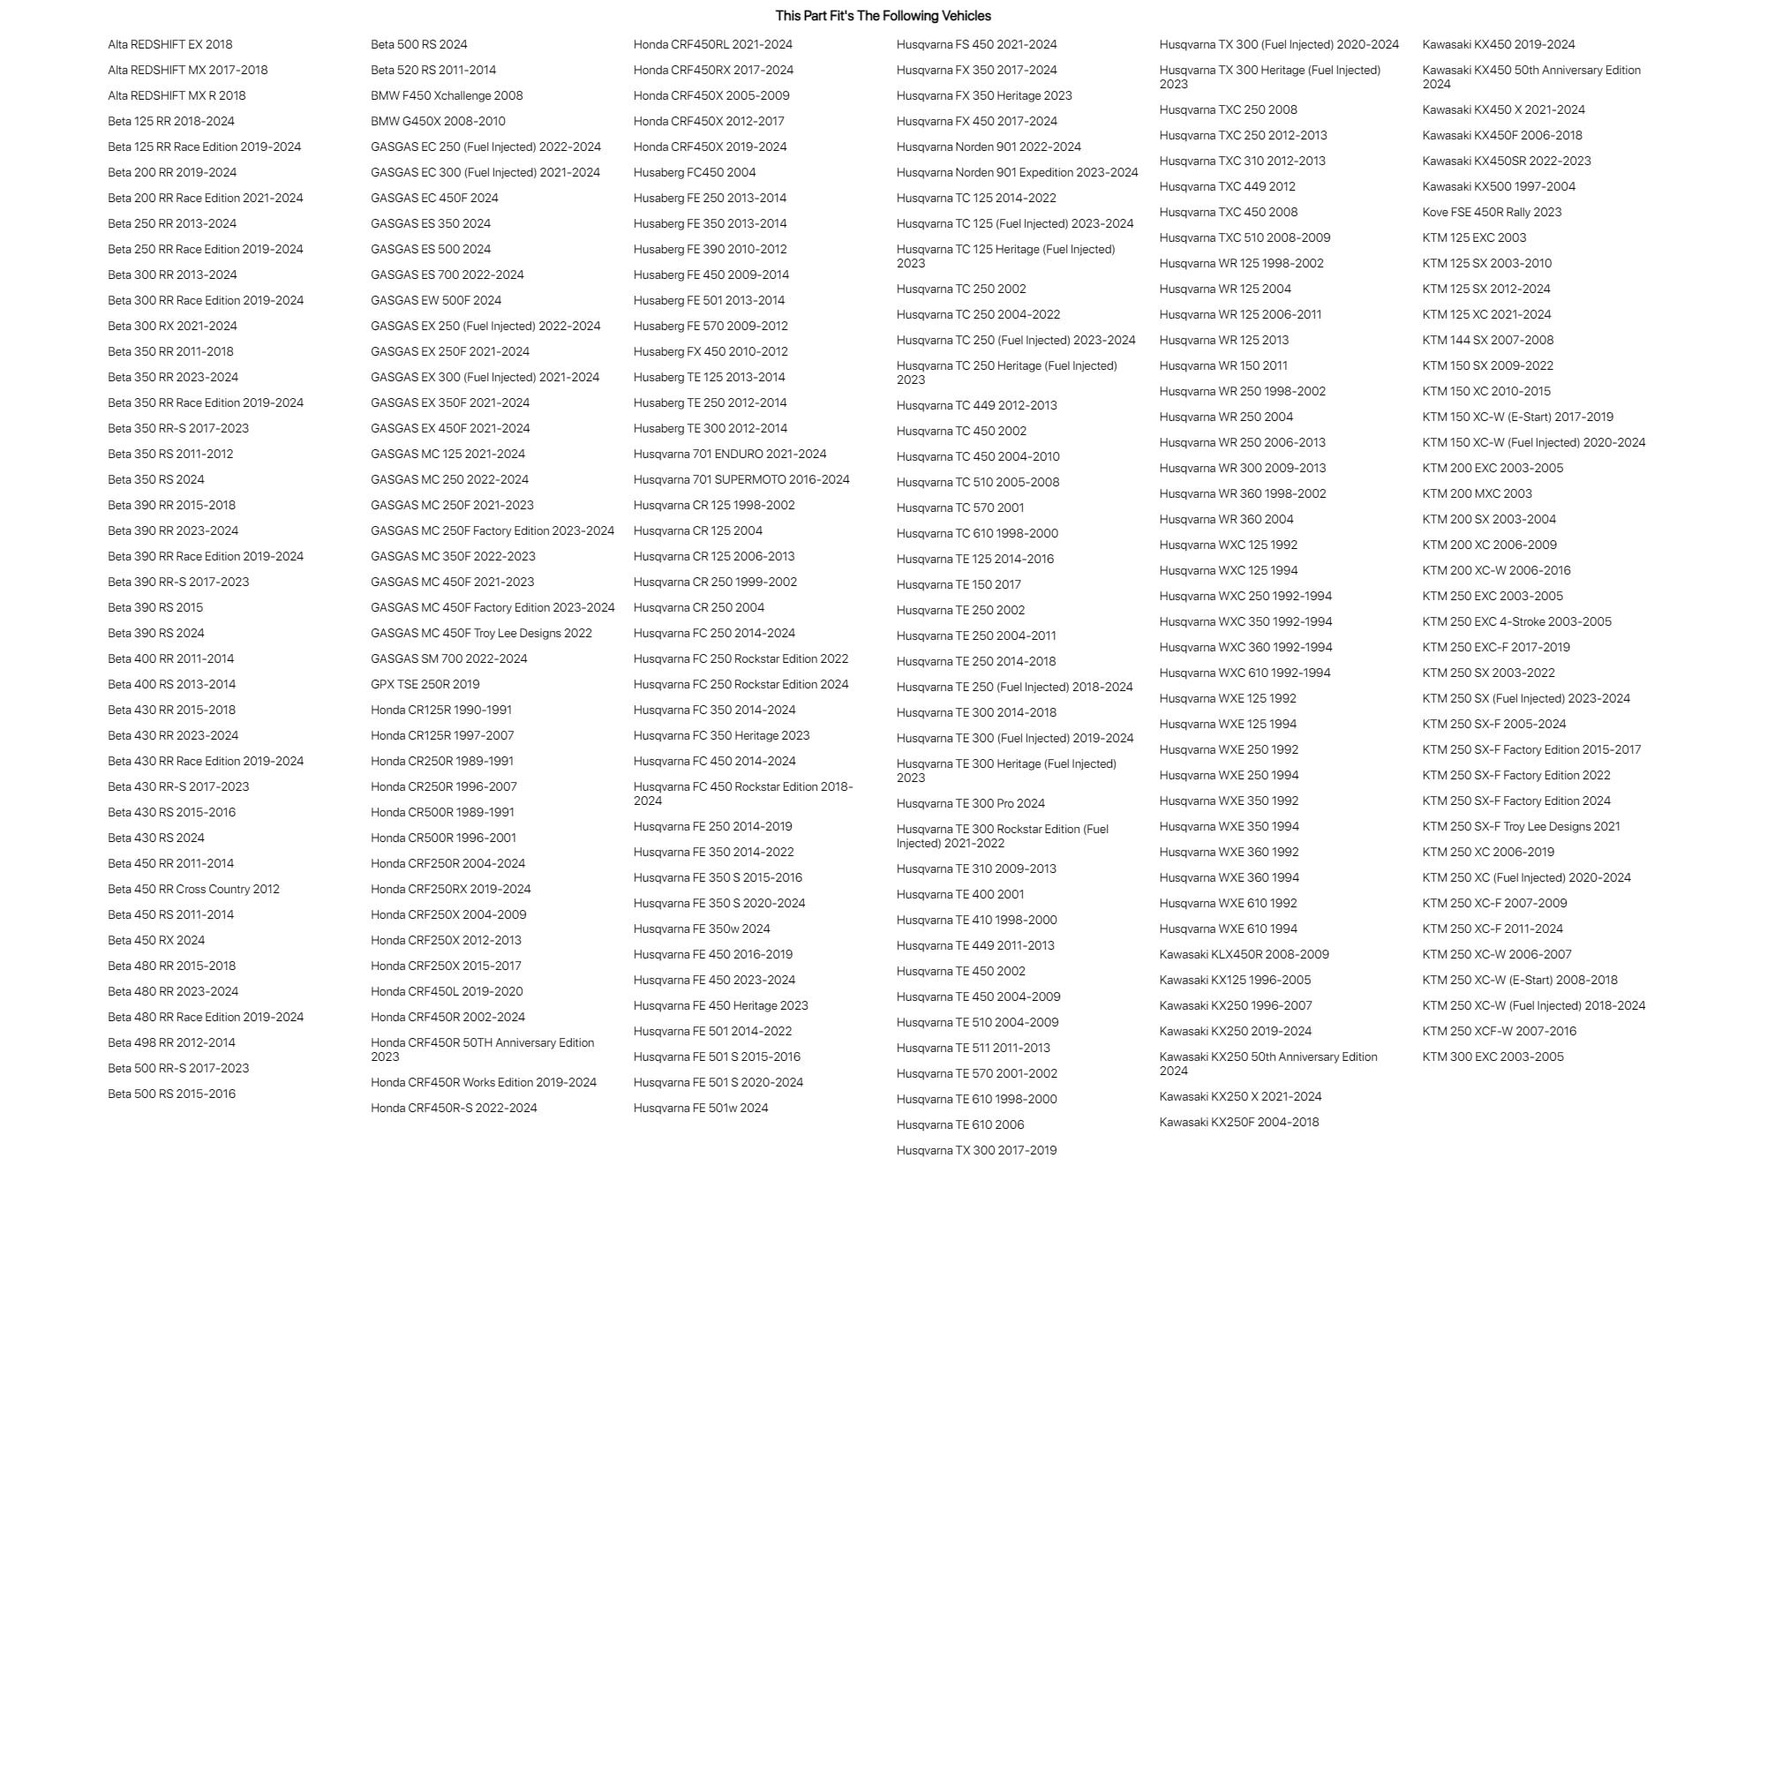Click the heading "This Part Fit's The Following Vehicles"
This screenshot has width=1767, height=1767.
(x=883, y=16)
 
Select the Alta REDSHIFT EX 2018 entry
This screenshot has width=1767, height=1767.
(x=170, y=44)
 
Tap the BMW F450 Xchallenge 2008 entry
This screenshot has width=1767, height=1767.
(x=447, y=95)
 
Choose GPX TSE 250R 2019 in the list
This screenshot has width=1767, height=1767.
(x=425, y=684)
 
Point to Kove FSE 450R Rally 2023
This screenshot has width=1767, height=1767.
(x=1491, y=212)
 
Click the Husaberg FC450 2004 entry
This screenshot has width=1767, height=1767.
(x=694, y=172)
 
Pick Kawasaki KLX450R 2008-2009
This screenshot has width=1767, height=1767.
(x=1244, y=954)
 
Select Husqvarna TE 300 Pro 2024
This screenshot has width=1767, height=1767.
(x=970, y=803)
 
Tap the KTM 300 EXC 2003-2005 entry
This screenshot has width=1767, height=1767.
(x=1493, y=1056)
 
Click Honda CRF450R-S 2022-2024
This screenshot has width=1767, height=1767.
(x=454, y=1108)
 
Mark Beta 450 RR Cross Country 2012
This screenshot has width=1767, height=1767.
(x=194, y=889)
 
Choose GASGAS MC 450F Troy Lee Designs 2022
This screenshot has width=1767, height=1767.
(x=481, y=633)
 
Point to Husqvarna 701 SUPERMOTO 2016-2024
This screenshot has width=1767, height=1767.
(x=741, y=479)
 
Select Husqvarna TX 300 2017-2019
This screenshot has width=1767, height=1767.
(x=976, y=1151)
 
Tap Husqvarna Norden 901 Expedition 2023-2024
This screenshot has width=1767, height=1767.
(x=1017, y=172)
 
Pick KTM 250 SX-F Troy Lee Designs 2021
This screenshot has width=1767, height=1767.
(x=1520, y=826)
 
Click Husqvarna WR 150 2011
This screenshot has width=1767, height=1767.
(x=1222, y=365)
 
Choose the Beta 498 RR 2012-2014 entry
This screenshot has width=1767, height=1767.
(x=171, y=1042)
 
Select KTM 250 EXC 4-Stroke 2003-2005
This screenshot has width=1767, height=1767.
(x=1516, y=622)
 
